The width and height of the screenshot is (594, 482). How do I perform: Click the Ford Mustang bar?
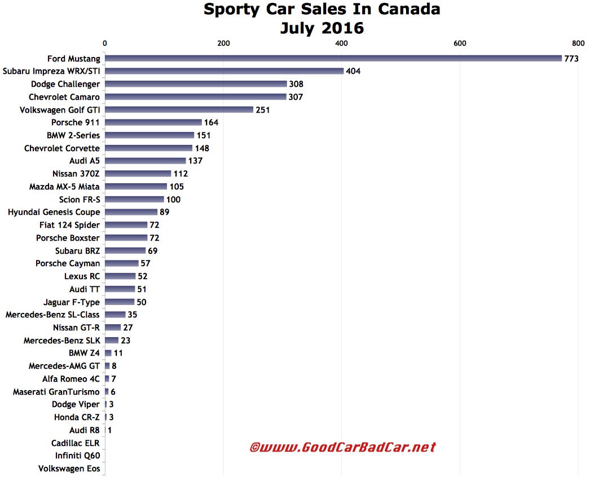pyautogui.click(x=333, y=58)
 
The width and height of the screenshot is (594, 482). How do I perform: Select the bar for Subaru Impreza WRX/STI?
pyautogui.click(x=224, y=71)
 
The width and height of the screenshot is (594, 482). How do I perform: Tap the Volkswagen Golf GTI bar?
pyautogui.click(x=179, y=109)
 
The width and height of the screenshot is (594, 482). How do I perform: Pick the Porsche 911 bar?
pyautogui.click(x=153, y=122)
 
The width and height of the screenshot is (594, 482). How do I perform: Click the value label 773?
pyautogui.click(x=571, y=59)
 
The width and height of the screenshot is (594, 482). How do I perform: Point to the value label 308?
pyautogui.click(x=296, y=84)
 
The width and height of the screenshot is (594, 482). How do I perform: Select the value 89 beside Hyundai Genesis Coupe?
pyautogui.click(x=164, y=213)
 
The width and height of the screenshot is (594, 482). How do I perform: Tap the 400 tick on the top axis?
pyautogui.click(x=341, y=43)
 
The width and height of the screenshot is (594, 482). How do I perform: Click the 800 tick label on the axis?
pyautogui.click(x=578, y=43)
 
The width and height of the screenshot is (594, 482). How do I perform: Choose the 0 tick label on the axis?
pyautogui.click(x=105, y=43)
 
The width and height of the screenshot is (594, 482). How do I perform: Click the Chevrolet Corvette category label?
pyautogui.click(x=62, y=148)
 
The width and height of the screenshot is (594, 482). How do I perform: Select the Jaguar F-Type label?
pyautogui.click(x=72, y=302)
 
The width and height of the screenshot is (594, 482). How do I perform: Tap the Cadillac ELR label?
pyautogui.click(x=76, y=443)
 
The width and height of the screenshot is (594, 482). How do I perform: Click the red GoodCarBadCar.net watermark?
pyautogui.click(x=342, y=448)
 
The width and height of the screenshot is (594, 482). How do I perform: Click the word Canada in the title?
pyautogui.click(x=405, y=10)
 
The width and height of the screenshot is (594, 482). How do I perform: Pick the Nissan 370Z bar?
pyautogui.click(x=138, y=174)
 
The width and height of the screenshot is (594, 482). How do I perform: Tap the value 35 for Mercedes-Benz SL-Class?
pyautogui.click(x=133, y=315)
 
